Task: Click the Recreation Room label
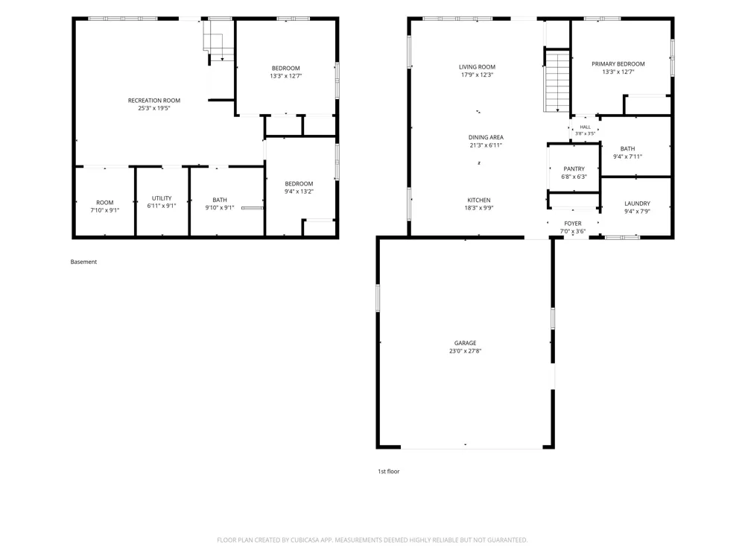tap(154, 101)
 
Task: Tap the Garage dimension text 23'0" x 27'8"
tap(465, 351)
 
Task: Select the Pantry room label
tap(574, 168)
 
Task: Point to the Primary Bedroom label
tap(618, 63)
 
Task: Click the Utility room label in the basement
tap(162, 198)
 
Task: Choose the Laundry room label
tap(637, 203)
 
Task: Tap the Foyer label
tap(573, 224)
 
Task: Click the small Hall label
tap(586, 127)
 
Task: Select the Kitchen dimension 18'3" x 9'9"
tap(479, 208)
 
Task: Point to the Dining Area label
tap(486, 137)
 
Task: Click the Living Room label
tap(477, 67)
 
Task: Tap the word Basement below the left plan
tap(83, 262)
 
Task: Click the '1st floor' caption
tap(389, 472)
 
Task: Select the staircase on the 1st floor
tap(557, 80)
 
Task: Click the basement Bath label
tap(220, 200)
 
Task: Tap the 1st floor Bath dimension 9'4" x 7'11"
tap(627, 157)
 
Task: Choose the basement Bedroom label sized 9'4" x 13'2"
tap(299, 184)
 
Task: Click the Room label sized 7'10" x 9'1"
tap(105, 203)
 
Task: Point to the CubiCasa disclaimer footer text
tap(372, 540)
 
